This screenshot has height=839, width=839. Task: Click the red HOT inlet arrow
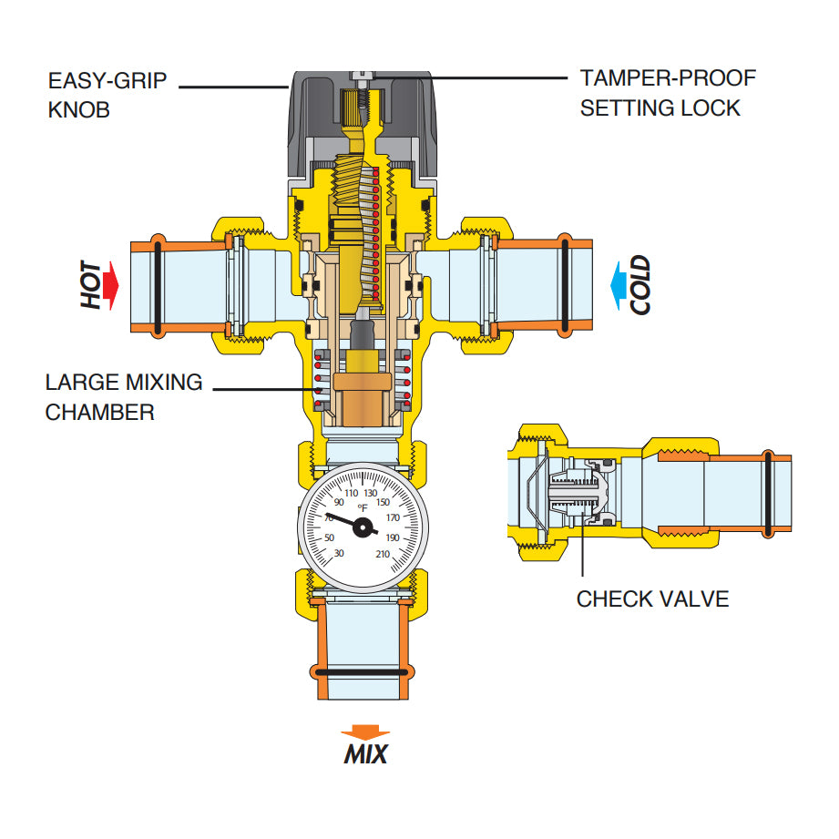click(110, 283)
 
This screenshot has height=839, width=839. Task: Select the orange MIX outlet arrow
click(364, 732)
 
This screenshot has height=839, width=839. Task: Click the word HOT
click(91, 284)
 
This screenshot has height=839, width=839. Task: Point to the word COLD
click(641, 285)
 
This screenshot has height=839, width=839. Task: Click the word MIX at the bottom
click(365, 755)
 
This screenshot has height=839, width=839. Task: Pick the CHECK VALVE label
click(652, 599)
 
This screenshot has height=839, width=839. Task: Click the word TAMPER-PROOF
click(668, 78)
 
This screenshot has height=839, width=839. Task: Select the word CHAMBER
click(99, 412)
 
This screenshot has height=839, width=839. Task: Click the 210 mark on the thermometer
click(383, 554)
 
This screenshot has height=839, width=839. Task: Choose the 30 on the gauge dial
click(339, 554)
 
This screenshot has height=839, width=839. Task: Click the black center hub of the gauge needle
click(363, 527)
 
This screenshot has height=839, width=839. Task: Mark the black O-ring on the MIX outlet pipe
click(363, 673)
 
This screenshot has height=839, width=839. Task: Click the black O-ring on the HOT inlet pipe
click(157, 284)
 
